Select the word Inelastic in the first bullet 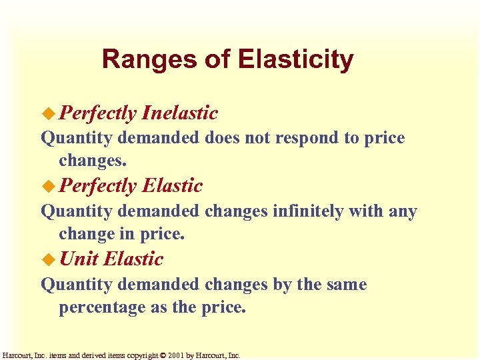(179, 113)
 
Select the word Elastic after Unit (134, 259)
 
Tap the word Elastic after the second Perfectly (172, 185)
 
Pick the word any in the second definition (403, 212)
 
